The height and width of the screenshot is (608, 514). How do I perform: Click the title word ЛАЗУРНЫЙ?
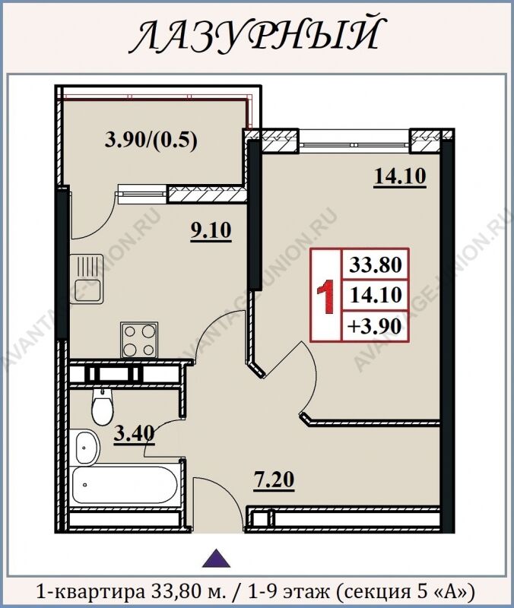257,36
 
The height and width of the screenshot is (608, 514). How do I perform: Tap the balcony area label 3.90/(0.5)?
151,140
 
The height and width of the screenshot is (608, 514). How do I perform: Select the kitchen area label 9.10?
211,231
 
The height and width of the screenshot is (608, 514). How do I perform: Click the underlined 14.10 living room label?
400,176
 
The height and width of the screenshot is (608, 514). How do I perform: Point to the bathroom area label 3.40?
135,434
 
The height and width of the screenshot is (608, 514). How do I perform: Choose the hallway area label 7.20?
274,480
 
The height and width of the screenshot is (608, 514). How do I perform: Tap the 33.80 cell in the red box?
375,265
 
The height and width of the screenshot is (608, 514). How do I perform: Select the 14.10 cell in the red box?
375,296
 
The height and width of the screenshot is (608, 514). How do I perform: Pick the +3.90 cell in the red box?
374,326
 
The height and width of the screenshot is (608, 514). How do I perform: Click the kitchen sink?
87,278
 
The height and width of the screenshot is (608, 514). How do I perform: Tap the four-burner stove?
140,340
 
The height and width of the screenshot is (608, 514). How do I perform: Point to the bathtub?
125,486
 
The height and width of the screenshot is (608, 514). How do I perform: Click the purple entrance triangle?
217,559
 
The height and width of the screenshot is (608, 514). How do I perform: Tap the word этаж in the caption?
306,591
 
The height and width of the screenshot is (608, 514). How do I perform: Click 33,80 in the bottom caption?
173,591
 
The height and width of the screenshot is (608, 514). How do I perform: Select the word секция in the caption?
371,592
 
